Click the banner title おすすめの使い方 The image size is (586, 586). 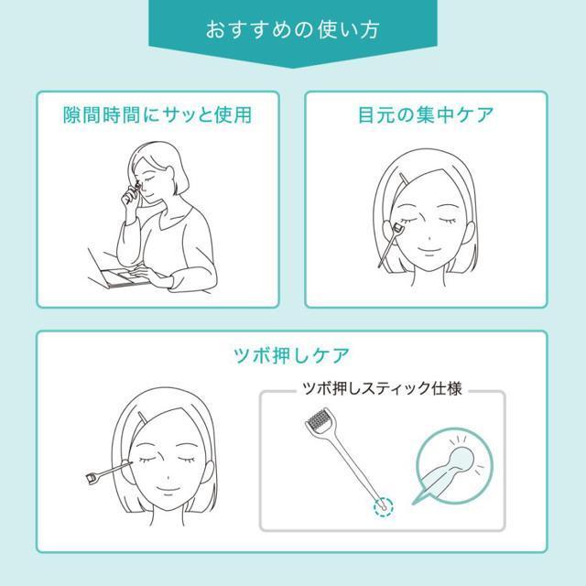click(x=293, y=30)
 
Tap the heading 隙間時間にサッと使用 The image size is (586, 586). click(x=157, y=114)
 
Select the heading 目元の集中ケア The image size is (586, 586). click(x=426, y=114)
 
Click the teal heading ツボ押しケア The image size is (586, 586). click(x=292, y=355)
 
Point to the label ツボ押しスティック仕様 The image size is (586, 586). click(x=382, y=388)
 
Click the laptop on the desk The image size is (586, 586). click(x=119, y=271)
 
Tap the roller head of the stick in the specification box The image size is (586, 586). click(x=319, y=419)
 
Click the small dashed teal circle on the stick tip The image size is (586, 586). click(x=383, y=506)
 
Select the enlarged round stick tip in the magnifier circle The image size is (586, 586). click(x=461, y=458)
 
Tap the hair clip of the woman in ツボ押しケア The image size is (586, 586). click(x=143, y=418)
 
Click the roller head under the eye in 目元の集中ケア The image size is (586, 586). click(x=397, y=226)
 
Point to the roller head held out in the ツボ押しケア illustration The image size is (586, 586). click(x=92, y=478)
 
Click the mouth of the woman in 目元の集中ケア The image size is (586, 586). click(x=429, y=250)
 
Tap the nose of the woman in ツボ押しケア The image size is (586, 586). click(x=168, y=477)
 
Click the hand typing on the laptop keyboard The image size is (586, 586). click(x=151, y=276)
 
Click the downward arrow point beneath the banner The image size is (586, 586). click(x=293, y=68)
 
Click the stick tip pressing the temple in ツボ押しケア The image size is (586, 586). click(x=131, y=463)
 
